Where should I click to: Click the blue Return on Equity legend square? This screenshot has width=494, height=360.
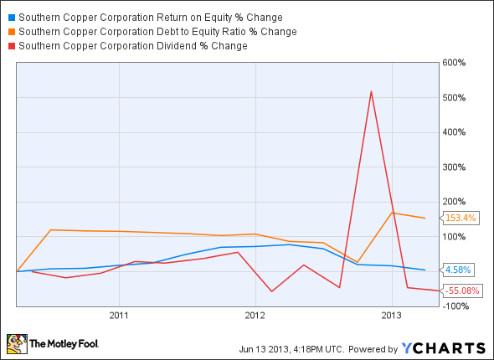(x=10, y=17)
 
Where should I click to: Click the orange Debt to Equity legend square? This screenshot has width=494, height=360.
(x=10, y=31)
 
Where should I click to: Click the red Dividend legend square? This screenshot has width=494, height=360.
(x=10, y=45)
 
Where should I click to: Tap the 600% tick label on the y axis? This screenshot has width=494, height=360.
(x=466, y=63)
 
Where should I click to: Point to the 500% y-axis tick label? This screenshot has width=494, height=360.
(x=466, y=98)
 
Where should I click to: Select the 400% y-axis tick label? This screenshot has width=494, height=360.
(x=466, y=132)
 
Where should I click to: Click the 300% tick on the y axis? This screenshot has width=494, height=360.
(x=466, y=167)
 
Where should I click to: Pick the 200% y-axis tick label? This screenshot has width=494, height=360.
(x=466, y=202)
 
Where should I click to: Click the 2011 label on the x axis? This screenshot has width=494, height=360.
(x=118, y=316)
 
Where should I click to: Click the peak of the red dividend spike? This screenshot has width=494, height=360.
(x=371, y=91)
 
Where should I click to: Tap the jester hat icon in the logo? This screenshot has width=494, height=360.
(x=16, y=342)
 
